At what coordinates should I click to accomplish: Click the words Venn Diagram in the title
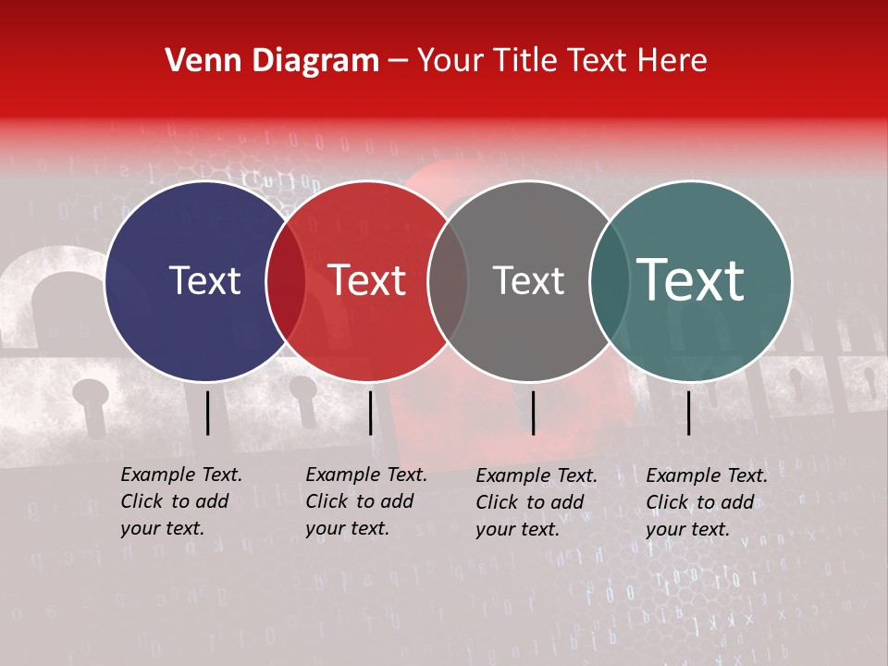point(272,61)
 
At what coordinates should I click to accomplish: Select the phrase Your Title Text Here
point(561,61)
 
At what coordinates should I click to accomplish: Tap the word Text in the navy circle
point(204,281)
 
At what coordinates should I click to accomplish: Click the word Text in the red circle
point(366,281)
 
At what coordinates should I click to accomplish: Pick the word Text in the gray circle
point(528,281)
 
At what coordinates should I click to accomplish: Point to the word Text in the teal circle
point(691,280)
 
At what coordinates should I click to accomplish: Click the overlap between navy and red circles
point(286,281)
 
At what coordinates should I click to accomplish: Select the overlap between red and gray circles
point(448,281)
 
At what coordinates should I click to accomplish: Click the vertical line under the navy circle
point(208,413)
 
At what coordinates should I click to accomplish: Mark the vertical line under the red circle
point(370,413)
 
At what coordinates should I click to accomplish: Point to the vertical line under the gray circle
point(533,413)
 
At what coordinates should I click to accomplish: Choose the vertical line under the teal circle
point(688,413)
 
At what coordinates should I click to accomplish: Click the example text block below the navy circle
point(181,501)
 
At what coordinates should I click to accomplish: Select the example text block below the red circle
point(366,501)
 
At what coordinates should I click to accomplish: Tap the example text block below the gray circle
point(536,502)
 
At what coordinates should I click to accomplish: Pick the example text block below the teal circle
point(707,502)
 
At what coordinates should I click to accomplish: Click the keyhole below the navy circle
point(91,399)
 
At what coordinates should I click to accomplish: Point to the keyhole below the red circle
point(303,393)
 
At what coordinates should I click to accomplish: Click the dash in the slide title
point(398,62)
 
